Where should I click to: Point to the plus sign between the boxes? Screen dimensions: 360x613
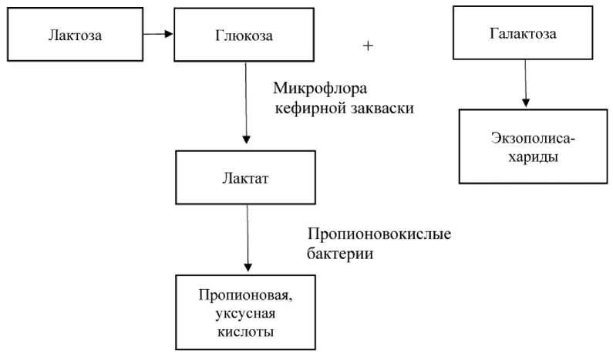point(368,46)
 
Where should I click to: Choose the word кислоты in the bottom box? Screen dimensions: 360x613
point(244,332)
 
